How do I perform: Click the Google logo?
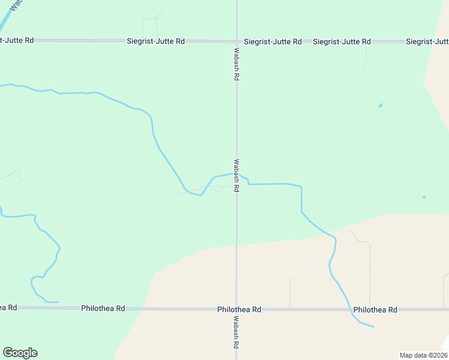coord(20,353)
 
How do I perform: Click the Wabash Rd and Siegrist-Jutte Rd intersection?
coord(237,41)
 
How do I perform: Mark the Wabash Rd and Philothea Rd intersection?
coord(237,309)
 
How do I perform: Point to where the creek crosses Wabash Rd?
coord(237,174)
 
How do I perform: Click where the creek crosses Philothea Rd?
coord(349,310)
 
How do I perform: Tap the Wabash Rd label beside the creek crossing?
coord(237,175)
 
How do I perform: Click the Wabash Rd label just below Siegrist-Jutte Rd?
coord(237,65)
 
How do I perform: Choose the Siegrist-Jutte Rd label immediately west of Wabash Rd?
coord(155,41)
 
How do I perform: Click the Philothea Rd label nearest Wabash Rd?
coord(240,310)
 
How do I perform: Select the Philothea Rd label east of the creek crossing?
coord(375,310)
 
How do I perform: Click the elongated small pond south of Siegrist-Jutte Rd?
coord(380,106)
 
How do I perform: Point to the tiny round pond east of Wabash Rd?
coord(424,197)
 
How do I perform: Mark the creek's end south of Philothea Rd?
coord(373,327)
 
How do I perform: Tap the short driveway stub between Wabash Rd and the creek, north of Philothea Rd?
coord(290,293)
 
